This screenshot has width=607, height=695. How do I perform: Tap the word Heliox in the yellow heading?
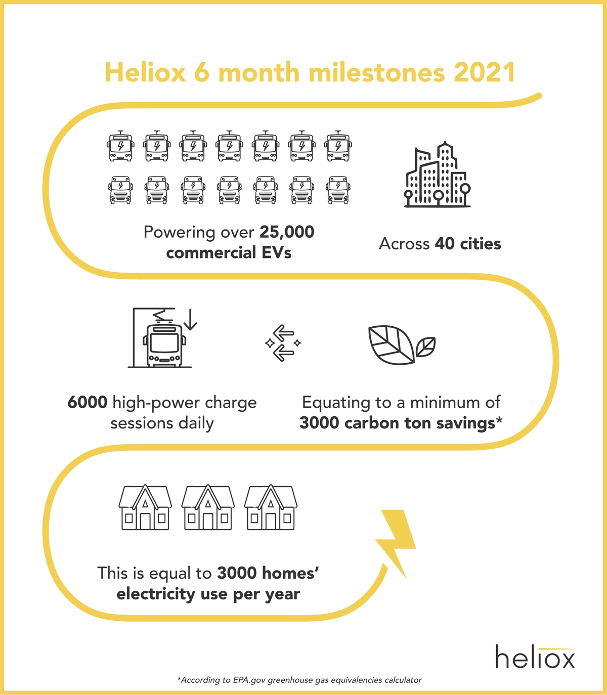(x=146, y=72)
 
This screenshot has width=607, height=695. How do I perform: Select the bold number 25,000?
(x=287, y=232)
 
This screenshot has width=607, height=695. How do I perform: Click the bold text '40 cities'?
(x=468, y=244)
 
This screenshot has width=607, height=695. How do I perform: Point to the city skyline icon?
(x=438, y=174)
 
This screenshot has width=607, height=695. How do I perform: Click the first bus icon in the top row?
(x=120, y=146)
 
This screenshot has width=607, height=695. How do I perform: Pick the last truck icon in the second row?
(x=338, y=190)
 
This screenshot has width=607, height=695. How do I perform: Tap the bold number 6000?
(x=88, y=403)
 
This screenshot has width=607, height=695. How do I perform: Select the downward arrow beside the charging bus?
(x=190, y=319)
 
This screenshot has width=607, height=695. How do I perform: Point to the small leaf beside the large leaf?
(x=425, y=346)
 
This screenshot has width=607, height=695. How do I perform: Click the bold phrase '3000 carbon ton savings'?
(x=397, y=423)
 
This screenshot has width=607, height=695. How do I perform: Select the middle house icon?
(x=208, y=507)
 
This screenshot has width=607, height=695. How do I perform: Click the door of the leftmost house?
(x=145, y=521)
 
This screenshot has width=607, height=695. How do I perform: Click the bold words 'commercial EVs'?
(x=229, y=253)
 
